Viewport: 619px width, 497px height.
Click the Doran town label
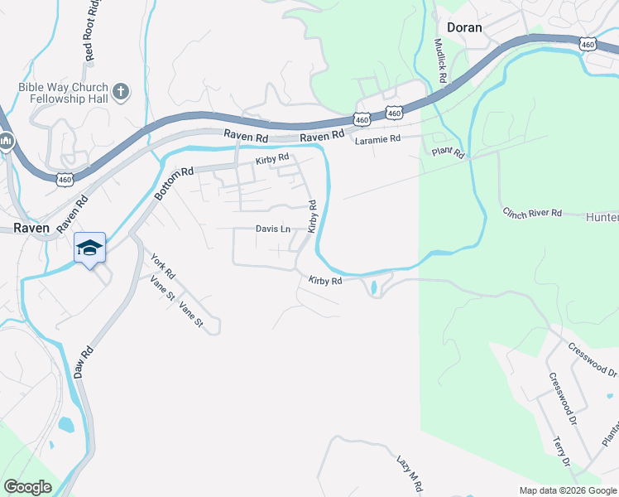(x=463, y=27)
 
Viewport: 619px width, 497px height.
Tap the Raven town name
(x=31, y=228)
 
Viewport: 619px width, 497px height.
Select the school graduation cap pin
(x=90, y=247)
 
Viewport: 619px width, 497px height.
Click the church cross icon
(x=121, y=90)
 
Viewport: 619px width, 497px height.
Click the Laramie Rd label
(x=377, y=139)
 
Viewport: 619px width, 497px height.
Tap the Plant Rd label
(x=449, y=152)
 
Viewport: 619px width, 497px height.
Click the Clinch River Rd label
(x=533, y=213)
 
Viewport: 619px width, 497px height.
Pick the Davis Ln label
(x=272, y=229)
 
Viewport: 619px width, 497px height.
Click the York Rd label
(x=163, y=266)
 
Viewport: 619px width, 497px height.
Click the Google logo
(x=27, y=487)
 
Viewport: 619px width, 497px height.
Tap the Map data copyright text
(x=567, y=490)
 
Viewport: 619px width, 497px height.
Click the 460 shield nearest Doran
(x=588, y=44)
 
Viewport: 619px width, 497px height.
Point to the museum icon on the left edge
(x=7, y=142)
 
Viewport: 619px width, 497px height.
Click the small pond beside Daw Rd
(x=65, y=425)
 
